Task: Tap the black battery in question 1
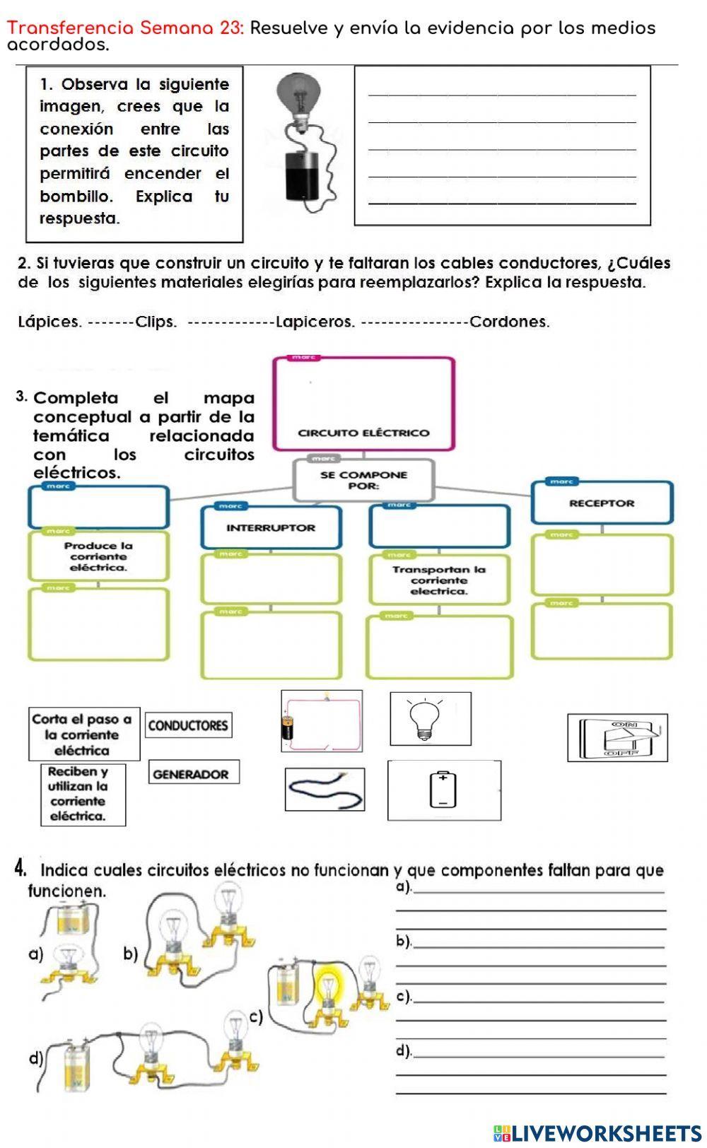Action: point(303,176)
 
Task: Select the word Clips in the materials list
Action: point(156,322)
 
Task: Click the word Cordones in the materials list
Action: point(509,322)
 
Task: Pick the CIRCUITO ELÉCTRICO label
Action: point(363,433)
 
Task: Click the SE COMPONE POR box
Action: point(363,480)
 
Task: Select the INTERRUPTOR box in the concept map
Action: point(271,528)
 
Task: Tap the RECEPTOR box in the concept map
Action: point(602,503)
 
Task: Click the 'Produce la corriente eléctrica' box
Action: point(99,556)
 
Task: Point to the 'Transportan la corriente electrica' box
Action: point(439,580)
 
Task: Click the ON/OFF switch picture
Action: point(617,738)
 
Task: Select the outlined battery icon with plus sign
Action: point(444,790)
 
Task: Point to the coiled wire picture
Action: point(325,790)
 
